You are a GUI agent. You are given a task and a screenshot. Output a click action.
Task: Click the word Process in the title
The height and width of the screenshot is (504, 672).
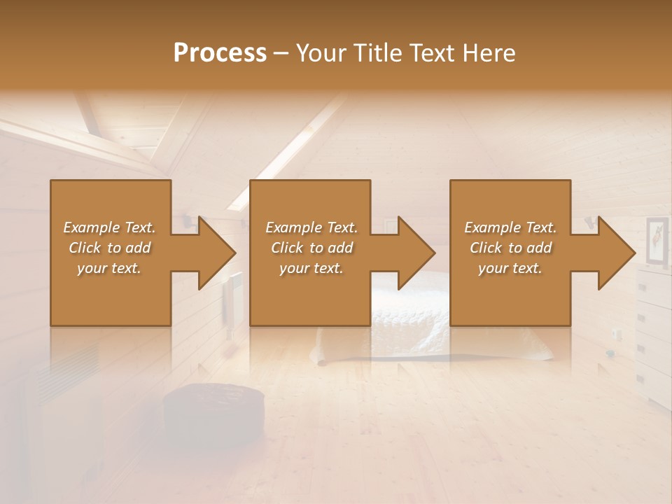point(220,53)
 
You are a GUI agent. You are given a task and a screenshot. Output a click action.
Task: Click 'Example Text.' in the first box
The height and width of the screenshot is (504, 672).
point(109,227)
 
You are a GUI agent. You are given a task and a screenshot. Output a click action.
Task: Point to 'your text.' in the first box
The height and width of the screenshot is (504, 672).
point(109,268)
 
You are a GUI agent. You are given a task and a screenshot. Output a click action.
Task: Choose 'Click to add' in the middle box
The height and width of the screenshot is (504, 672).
point(311,248)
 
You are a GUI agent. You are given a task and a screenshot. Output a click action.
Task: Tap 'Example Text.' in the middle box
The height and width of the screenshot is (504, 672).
point(311,227)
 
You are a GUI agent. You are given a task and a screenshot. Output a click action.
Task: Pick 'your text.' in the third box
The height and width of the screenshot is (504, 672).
point(510,268)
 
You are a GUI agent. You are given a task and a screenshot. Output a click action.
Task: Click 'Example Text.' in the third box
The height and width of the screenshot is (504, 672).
point(510,227)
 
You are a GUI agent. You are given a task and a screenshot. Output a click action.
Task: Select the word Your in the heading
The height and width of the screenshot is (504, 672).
point(323,53)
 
